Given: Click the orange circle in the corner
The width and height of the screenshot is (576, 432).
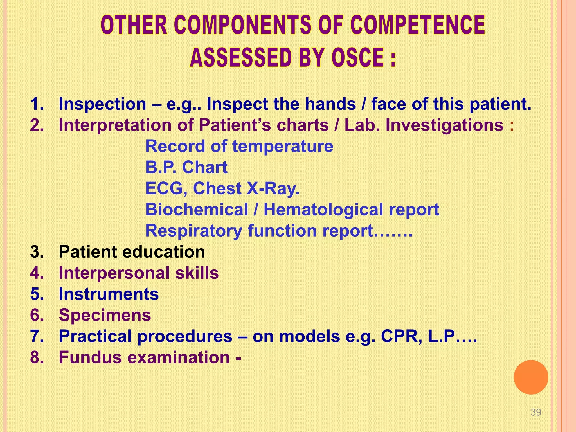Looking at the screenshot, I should tap(531, 377).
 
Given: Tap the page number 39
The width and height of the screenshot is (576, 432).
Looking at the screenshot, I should tap(536, 412).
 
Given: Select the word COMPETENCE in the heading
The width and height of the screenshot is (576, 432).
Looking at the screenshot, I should tap(418, 25).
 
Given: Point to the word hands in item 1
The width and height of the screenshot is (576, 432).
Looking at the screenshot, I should tap(330, 104).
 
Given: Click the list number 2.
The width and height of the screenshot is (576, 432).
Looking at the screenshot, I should tap(37, 125).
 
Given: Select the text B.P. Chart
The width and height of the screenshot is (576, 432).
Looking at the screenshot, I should tap(186, 167).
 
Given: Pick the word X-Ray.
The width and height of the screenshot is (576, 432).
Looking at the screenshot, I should tap(273, 188).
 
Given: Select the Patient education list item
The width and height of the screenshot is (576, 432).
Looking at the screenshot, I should tap(132, 252).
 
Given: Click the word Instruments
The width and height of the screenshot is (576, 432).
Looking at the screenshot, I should tap(109, 294).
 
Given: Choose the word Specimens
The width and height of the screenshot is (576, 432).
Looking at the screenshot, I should tap(105, 315).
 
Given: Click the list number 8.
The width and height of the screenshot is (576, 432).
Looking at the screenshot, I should tap(37, 357).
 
